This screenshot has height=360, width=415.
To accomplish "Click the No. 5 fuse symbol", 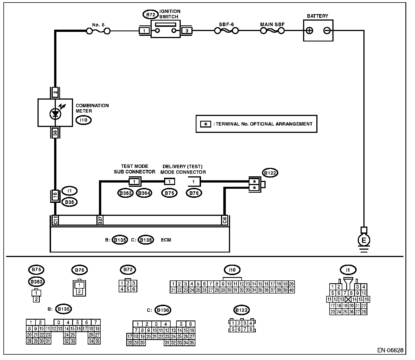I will [x=98, y=31].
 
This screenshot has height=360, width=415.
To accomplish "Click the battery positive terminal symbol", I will [x=310, y=30].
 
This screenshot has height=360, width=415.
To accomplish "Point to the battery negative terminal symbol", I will [x=327, y=30].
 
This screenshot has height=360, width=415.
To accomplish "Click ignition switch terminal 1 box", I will [x=144, y=31].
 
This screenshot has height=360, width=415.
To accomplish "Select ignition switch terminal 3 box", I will [x=187, y=31].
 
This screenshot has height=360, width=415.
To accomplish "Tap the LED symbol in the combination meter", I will [x=55, y=114].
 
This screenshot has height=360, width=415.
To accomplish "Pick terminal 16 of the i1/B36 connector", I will [x=55, y=195].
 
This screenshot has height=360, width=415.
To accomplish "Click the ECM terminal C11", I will [x=56, y=220].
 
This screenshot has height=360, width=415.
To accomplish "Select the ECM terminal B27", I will [x=100, y=220].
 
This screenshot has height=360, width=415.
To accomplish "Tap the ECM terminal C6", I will [x=225, y=220].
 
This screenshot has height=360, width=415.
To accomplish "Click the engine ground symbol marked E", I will [x=364, y=240].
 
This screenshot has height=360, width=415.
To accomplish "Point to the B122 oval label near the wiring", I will [x=270, y=173].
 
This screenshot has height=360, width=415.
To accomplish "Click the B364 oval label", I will [x=144, y=193].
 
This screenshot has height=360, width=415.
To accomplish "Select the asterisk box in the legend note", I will [x=206, y=124].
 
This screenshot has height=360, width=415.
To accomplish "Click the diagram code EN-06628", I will [x=390, y=350].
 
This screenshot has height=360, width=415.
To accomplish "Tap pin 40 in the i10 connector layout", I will [x=291, y=290].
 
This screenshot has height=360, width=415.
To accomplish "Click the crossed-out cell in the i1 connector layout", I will [x=348, y=299].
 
